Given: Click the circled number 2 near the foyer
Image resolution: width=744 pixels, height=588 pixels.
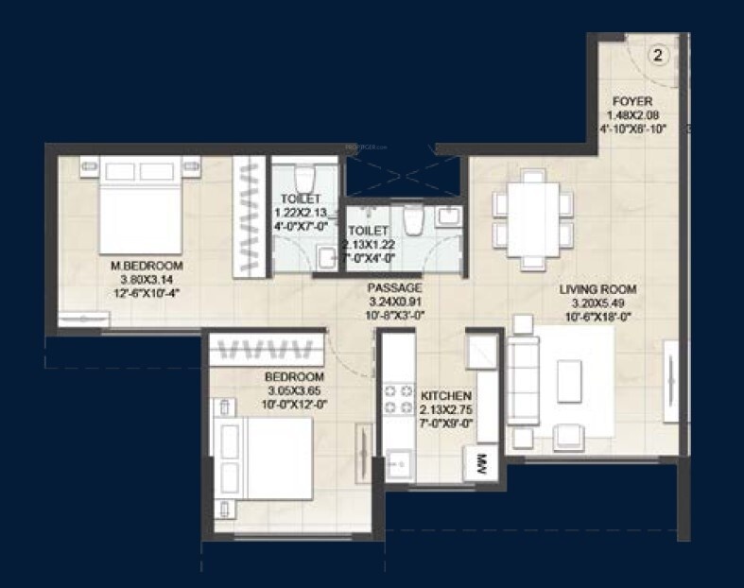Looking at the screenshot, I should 658,55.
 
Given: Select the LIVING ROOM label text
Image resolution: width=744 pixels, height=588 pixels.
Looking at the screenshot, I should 597,289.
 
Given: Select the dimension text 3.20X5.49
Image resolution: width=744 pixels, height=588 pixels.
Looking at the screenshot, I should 597,303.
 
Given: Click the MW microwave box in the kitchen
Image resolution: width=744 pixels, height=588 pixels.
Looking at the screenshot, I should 480,464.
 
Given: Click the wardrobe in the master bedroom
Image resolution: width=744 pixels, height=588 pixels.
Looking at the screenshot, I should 251,216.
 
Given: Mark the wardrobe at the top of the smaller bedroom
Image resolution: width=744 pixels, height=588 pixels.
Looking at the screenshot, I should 261,348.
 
